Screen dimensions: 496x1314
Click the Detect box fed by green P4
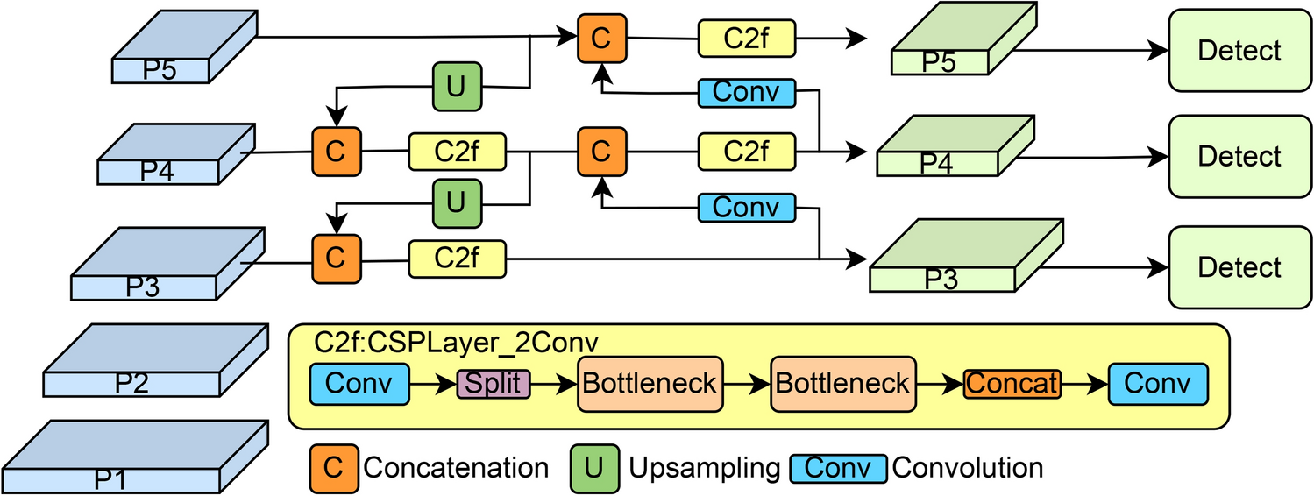tap(1239, 157)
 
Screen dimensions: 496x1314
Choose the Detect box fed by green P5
tap(1239, 51)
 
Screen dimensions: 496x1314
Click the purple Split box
tap(494, 384)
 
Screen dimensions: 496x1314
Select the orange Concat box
tap(1012, 384)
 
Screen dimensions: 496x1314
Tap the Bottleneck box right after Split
tap(649, 384)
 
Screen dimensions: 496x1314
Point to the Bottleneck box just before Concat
tap(842, 384)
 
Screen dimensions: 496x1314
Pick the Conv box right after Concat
tap(1157, 384)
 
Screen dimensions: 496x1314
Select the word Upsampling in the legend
tap(704, 468)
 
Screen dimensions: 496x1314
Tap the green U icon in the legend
tap(593, 467)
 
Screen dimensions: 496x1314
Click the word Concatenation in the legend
tap(456, 468)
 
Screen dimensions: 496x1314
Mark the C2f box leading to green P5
tap(746, 37)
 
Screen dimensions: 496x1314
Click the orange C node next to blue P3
tap(334, 258)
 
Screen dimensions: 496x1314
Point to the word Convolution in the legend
tap(968, 468)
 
